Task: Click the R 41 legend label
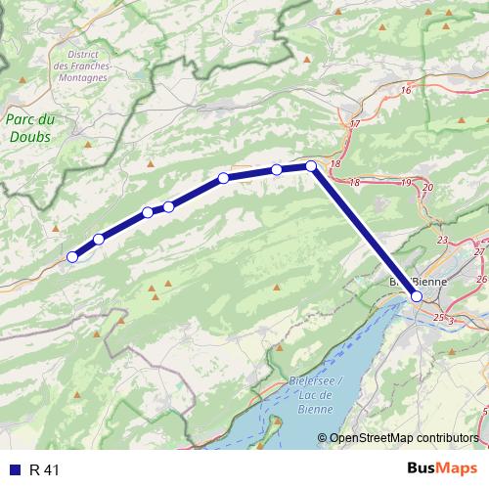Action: tap(44, 469)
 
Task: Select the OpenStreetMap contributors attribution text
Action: tap(404, 437)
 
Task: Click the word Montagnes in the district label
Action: tap(90, 75)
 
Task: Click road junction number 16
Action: tap(406, 90)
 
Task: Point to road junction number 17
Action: tap(354, 124)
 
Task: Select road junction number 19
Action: tap(406, 183)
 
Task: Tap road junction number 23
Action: tap(442, 240)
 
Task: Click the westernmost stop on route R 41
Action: tap(72, 257)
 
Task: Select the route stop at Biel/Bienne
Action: tap(417, 295)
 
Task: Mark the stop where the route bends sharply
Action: tap(311, 166)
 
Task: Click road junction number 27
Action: tap(479, 251)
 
